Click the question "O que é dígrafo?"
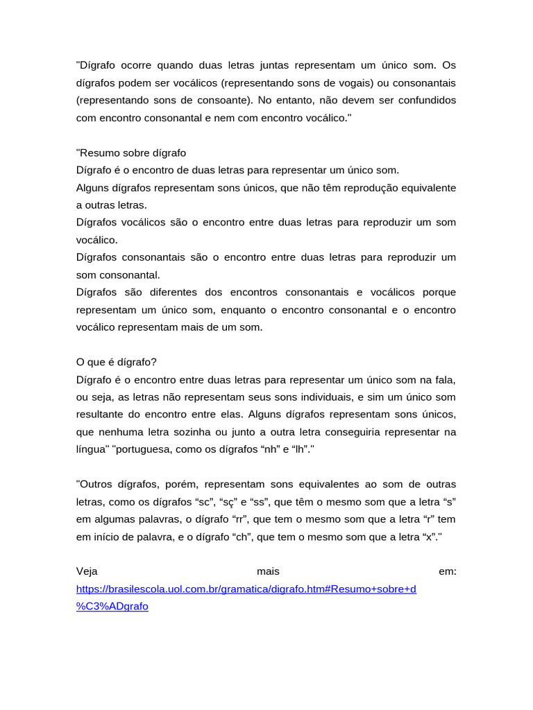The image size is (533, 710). coord(117,362)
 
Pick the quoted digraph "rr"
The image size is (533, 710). coord(239,519)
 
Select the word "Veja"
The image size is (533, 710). coord(87,571)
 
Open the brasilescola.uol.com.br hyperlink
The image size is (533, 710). coord(246,589)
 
